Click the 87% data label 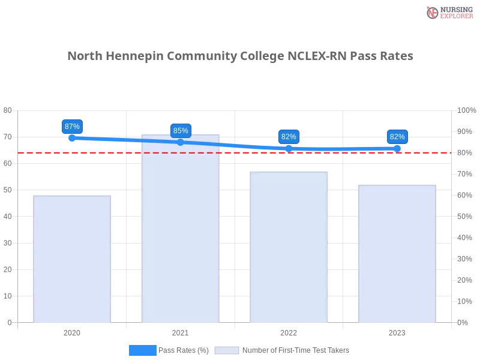click(x=72, y=127)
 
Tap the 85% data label click(x=180, y=130)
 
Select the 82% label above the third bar click(x=289, y=137)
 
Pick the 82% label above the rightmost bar click(x=397, y=137)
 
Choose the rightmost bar click(x=396, y=254)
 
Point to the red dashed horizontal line click(x=120, y=152)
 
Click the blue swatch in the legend click(x=142, y=350)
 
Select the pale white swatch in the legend click(x=227, y=350)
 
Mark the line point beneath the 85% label click(x=180, y=142)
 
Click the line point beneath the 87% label click(x=72, y=138)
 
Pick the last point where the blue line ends click(x=397, y=148)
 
